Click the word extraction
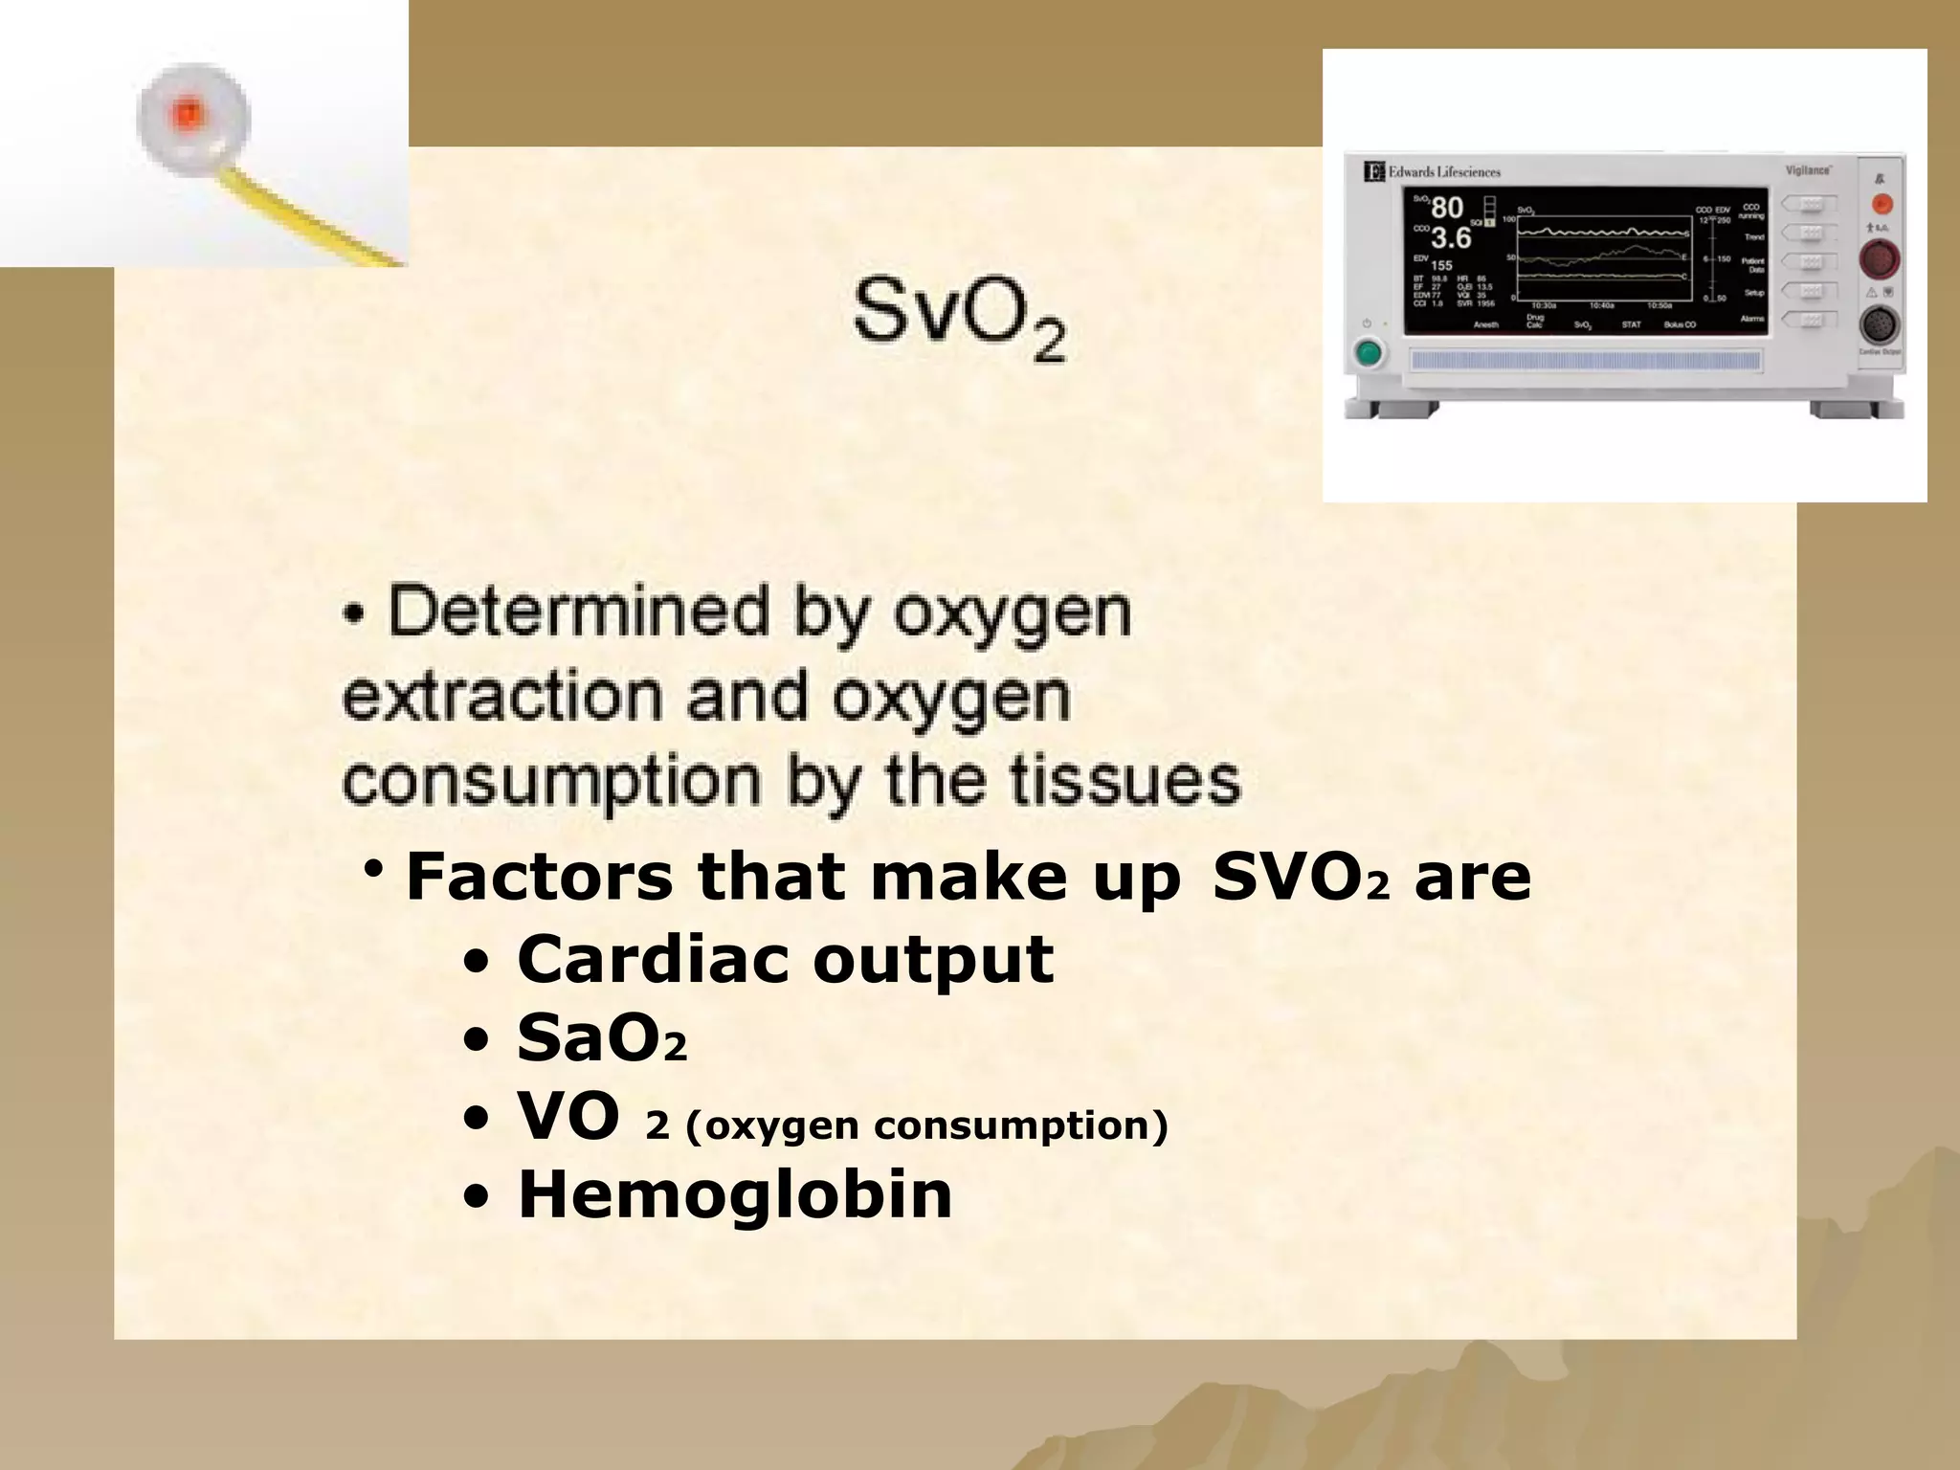point(501,697)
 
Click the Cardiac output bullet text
point(785,959)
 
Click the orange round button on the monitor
point(1881,204)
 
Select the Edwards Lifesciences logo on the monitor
point(1432,172)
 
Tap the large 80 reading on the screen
point(1447,208)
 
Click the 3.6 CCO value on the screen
point(1451,238)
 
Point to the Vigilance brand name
point(1808,169)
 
